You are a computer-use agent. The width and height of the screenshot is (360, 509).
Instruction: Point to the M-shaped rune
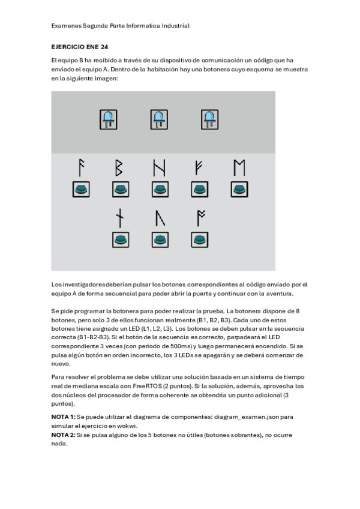click(x=239, y=167)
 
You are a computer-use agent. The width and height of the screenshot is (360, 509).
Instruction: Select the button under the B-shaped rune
click(x=121, y=190)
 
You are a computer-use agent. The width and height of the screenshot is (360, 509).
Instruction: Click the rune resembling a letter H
click(x=160, y=167)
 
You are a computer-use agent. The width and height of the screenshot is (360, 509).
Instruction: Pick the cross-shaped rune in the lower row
click(x=121, y=217)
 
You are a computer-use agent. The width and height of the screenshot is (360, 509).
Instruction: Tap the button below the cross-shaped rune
click(x=121, y=239)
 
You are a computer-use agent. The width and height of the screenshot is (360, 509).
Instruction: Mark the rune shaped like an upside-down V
click(x=160, y=218)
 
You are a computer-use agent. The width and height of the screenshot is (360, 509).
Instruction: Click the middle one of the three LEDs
click(x=159, y=119)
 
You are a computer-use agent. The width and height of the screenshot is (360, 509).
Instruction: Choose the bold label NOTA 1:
click(x=64, y=417)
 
